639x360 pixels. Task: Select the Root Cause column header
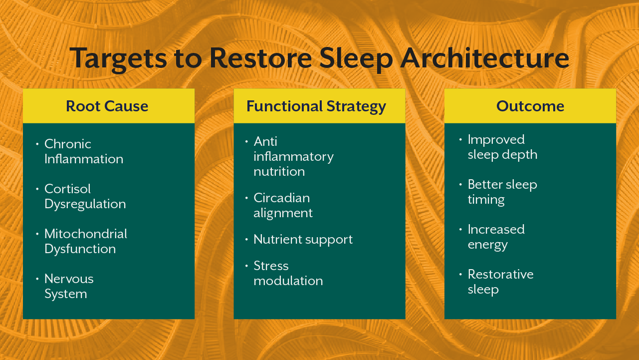pos(107,106)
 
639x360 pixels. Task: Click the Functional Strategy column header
pos(316,106)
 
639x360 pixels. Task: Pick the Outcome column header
pos(530,106)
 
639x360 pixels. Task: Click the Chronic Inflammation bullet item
pos(83,151)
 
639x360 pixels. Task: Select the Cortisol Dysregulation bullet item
pos(85,196)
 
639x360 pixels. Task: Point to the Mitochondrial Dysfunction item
pos(85,241)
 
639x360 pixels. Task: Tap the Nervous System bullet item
pos(69,286)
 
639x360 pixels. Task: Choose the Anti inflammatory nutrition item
pos(293,156)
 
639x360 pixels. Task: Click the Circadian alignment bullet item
pos(283,205)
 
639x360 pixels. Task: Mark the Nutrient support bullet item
pos(303,239)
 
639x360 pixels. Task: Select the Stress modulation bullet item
pos(288,273)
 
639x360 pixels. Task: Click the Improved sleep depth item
pos(502,147)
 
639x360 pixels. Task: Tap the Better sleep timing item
pos(502,192)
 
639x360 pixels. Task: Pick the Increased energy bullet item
pos(496,237)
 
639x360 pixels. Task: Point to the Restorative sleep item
pos(500,282)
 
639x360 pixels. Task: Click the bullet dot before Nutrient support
pos(246,240)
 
